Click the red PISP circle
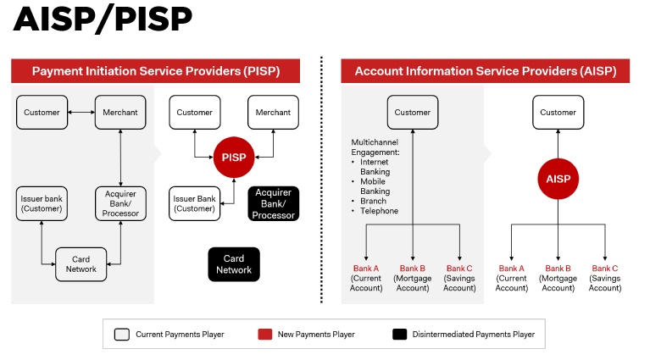pos(234,158)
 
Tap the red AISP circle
pos(558,179)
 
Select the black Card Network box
pos(234,264)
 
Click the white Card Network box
pos(81,264)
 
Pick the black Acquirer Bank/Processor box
pos(273,203)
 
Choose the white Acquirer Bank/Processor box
pos(120,203)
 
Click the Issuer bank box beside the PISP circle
pos(194,203)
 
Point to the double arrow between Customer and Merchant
pos(81,113)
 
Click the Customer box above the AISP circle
pos(558,113)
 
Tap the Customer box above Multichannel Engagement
pos(413,113)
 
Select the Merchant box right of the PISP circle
pos(273,113)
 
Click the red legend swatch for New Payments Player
pos(265,335)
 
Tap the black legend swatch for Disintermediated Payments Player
pos(400,335)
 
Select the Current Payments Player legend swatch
pos(122,335)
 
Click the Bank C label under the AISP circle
pos(605,269)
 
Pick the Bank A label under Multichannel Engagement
pos(366,269)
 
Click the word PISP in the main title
pos(153,19)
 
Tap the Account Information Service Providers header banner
pos(486,71)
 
